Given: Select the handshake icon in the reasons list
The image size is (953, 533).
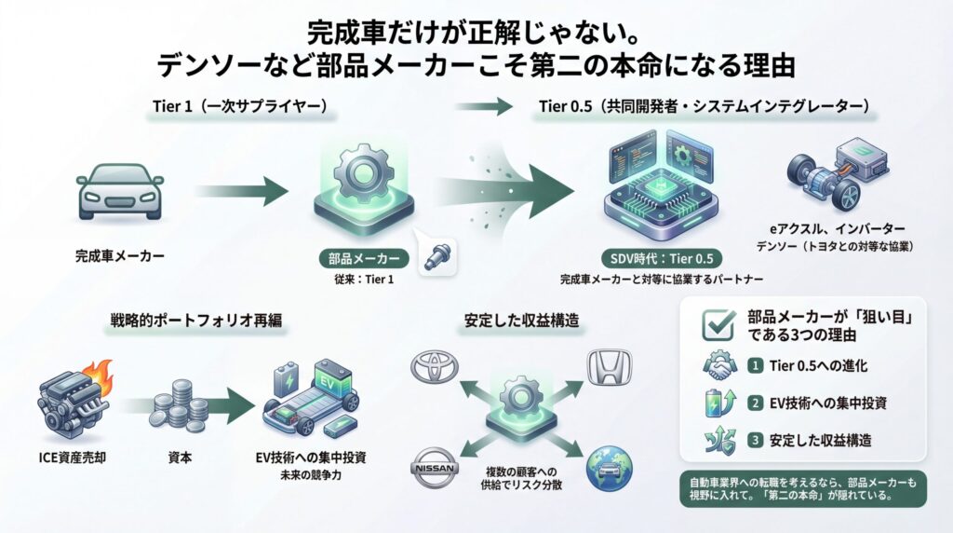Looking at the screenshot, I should click(718, 367).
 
